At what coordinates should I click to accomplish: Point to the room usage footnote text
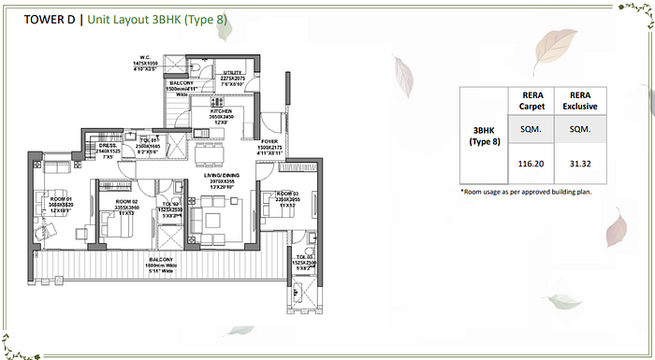(x=527, y=192)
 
